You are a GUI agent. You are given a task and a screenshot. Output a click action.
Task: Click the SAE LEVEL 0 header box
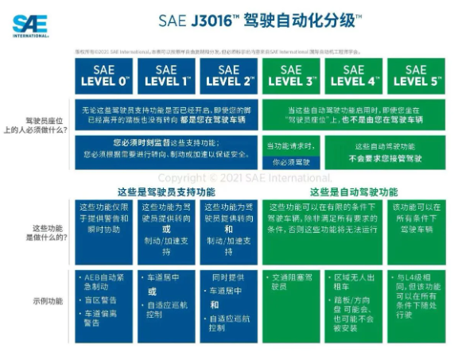(x=104, y=75)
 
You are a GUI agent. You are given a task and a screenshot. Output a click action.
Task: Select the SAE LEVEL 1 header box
(x=166, y=75)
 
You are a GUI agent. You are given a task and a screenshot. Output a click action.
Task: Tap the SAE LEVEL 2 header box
(x=228, y=75)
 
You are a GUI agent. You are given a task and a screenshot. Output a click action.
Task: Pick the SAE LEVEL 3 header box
(x=291, y=75)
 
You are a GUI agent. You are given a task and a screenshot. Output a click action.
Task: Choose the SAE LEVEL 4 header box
(x=353, y=75)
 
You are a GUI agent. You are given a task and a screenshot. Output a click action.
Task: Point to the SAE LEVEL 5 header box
(x=415, y=75)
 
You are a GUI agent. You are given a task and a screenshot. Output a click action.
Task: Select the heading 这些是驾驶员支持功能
(x=165, y=192)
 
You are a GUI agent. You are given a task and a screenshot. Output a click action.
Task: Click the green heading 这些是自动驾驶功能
(x=353, y=192)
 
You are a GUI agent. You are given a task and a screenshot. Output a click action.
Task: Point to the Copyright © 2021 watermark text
(x=245, y=178)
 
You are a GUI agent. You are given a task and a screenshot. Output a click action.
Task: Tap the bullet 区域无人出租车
(x=353, y=283)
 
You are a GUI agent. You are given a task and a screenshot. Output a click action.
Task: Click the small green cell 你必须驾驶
(x=291, y=161)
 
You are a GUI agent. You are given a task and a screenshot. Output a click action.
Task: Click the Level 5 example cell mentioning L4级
(x=415, y=294)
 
